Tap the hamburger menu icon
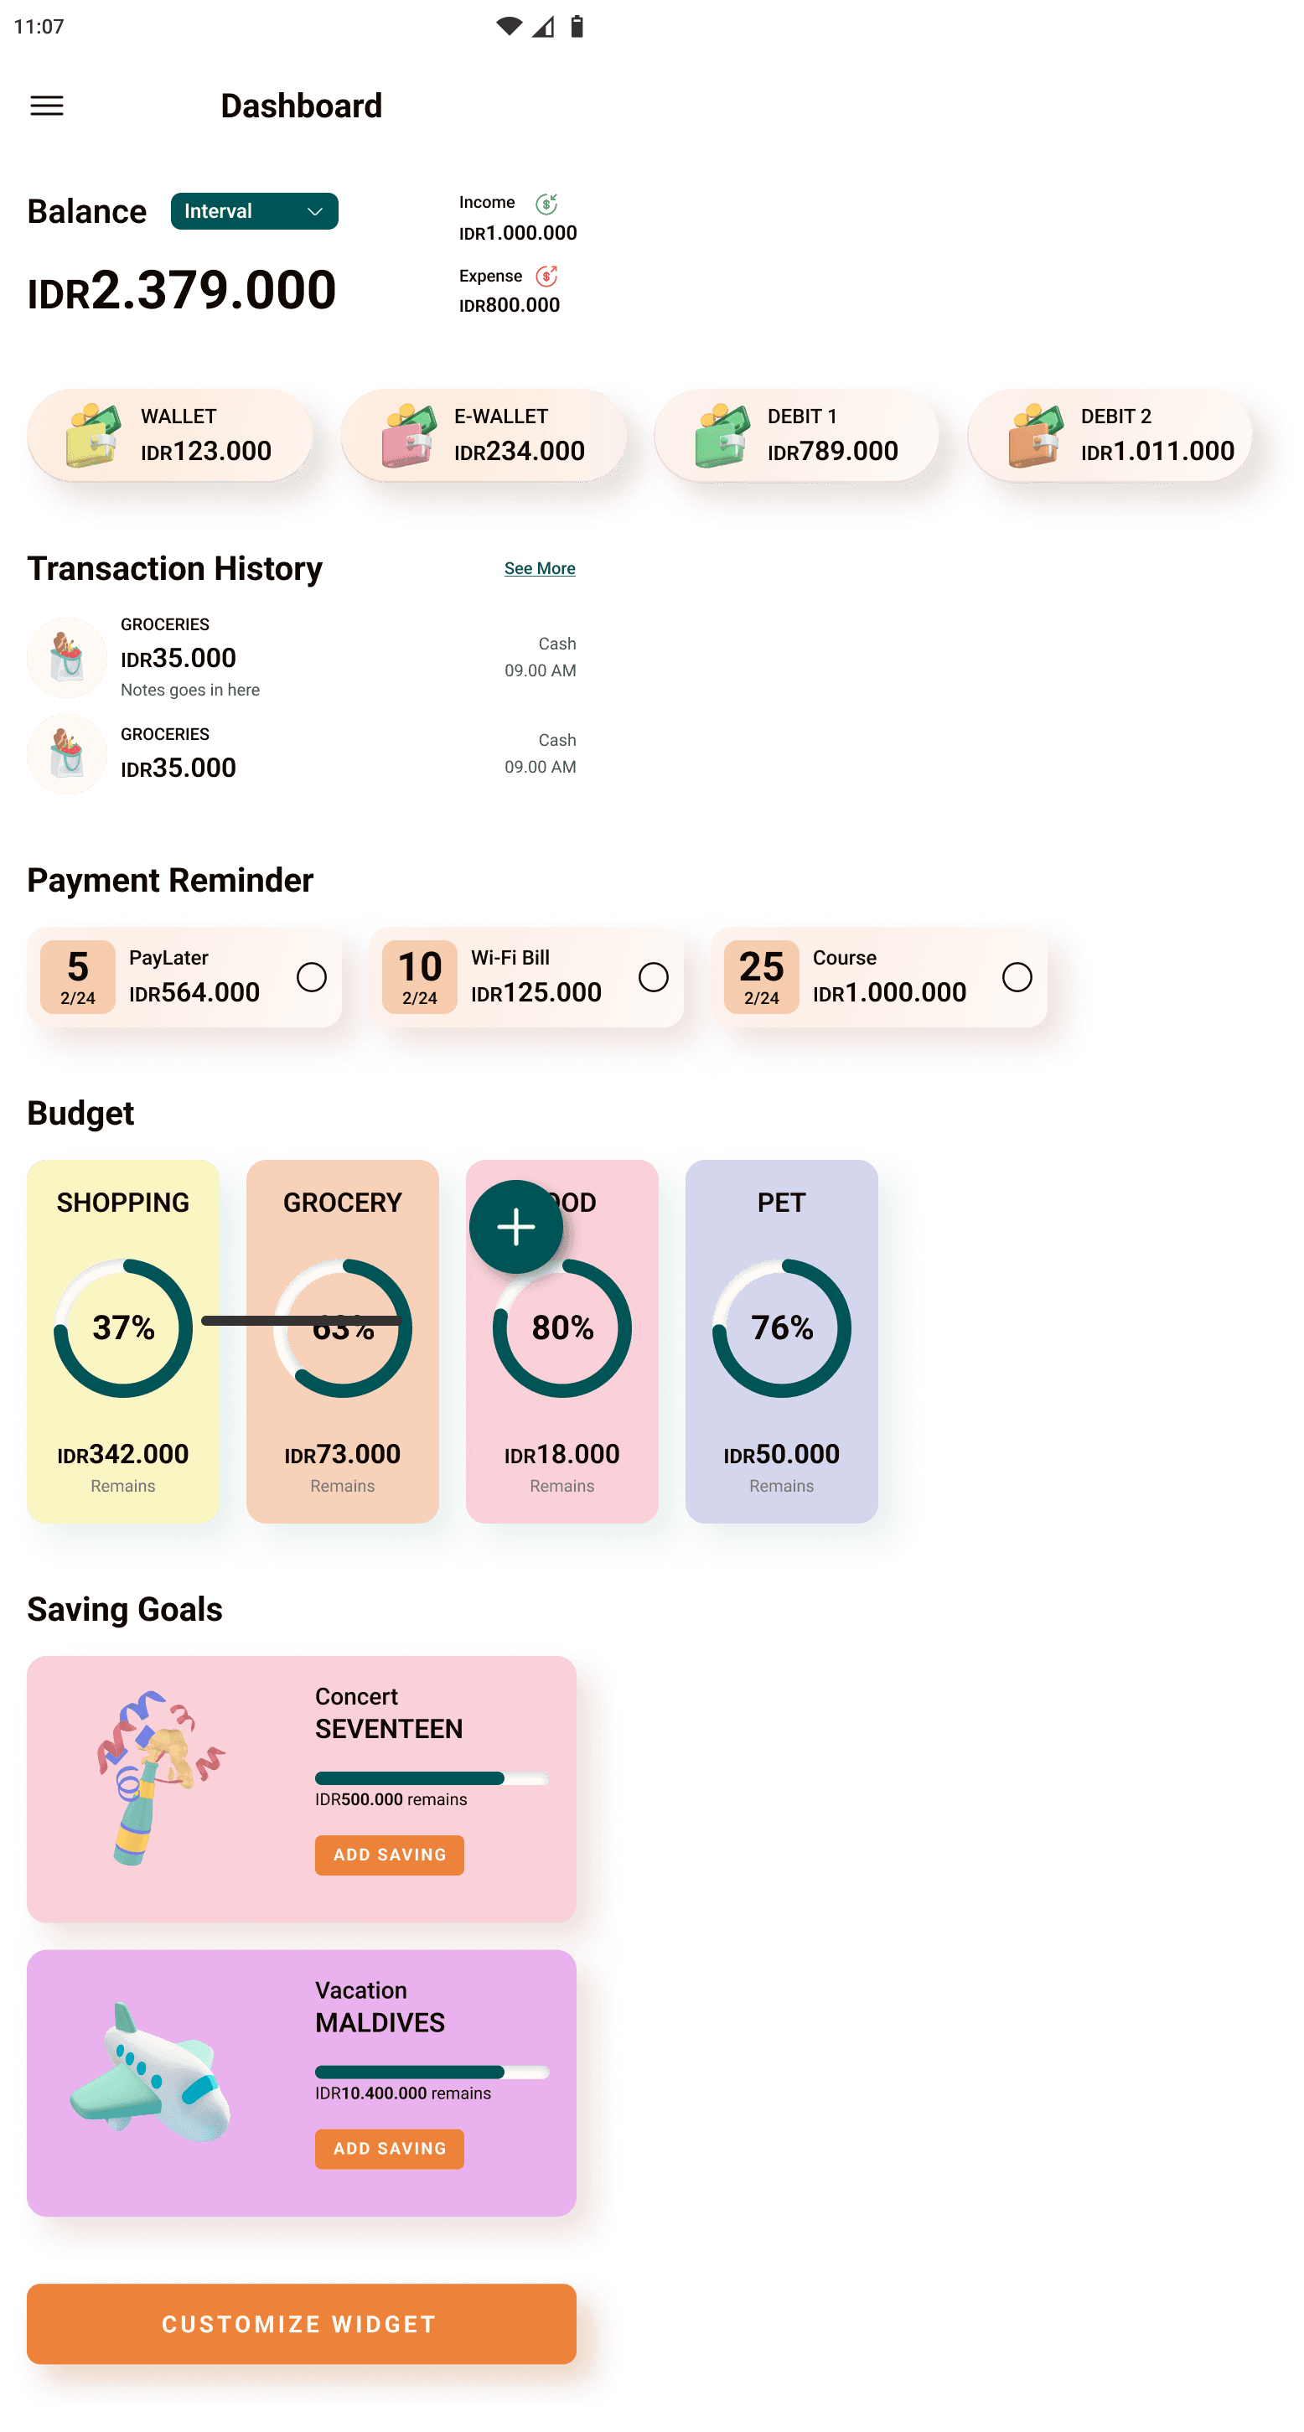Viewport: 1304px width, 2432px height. click(47, 106)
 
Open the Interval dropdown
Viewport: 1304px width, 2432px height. click(254, 211)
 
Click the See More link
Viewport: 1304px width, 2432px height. click(539, 568)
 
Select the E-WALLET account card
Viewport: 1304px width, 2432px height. click(483, 436)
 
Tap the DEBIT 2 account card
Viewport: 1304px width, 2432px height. click(1110, 436)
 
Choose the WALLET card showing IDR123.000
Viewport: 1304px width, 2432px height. click(170, 436)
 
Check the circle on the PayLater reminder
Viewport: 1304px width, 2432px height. click(312, 977)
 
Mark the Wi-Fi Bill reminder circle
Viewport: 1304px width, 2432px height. click(654, 977)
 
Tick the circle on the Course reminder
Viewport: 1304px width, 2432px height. click(1017, 977)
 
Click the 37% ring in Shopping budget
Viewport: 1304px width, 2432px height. click(122, 1327)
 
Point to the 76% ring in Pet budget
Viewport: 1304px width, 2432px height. click(781, 1327)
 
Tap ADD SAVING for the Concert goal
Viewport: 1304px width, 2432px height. click(389, 1855)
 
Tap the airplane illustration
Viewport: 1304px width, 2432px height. click(151, 2072)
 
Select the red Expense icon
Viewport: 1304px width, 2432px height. click(546, 277)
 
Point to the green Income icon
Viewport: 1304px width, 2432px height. click(546, 204)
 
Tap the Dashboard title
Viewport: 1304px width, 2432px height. click(301, 106)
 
